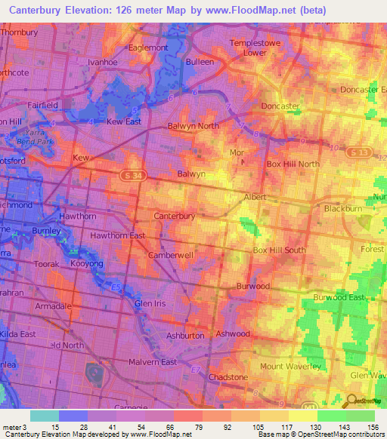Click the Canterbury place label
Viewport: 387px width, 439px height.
click(x=175, y=216)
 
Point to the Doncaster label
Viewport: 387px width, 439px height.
click(x=280, y=106)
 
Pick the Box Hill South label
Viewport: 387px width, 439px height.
click(x=279, y=250)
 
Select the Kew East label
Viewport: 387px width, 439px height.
click(x=124, y=121)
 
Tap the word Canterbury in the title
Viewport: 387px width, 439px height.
click(x=40, y=9)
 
